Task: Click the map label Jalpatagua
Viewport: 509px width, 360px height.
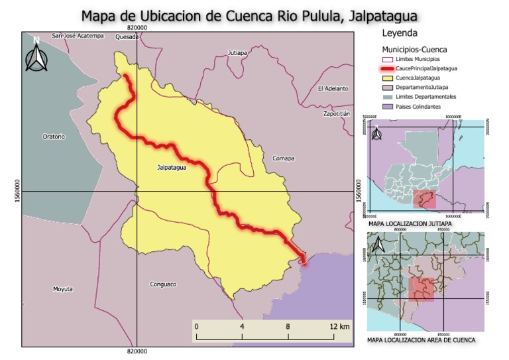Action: [x=172, y=168]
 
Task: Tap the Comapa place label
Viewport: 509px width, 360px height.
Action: [x=283, y=158]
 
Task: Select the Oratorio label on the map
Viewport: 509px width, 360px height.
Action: [x=54, y=137]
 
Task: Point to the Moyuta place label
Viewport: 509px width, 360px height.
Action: [x=62, y=289]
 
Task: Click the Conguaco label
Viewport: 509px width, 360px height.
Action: [x=163, y=284]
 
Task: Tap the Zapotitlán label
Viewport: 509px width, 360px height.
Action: [x=336, y=113]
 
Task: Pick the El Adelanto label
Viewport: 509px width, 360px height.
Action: [x=333, y=88]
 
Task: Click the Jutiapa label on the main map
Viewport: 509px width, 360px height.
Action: [x=237, y=52]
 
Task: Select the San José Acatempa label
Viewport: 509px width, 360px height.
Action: [x=79, y=36]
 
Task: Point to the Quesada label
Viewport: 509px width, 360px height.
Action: [x=127, y=37]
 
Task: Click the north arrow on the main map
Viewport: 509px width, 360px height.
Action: [x=36, y=54]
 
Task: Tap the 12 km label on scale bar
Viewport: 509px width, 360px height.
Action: [x=339, y=327]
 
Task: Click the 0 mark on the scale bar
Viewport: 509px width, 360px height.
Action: [x=196, y=327]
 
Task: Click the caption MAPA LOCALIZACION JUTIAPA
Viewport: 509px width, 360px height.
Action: [x=409, y=223]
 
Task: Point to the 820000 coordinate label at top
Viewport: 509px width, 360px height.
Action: [x=137, y=28]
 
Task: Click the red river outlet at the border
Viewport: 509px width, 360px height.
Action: [x=304, y=259]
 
